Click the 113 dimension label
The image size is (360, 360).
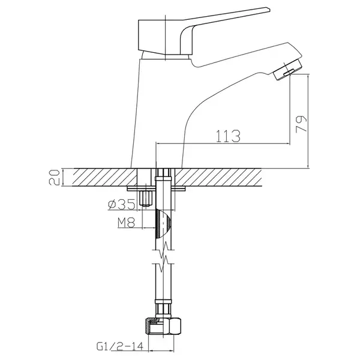(x=228, y=136)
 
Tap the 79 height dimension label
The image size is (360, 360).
(x=301, y=124)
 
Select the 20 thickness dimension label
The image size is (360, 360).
(x=54, y=177)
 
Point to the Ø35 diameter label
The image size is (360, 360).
(x=121, y=205)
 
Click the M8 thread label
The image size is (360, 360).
(x=126, y=222)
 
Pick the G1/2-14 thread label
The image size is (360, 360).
(x=119, y=346)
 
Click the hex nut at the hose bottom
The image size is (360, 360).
(x=163, y=328)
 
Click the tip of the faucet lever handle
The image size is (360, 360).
(x=269, y=10)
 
